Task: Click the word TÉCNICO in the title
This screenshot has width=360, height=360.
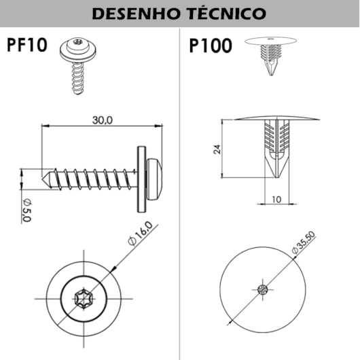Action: pyautogui.click(x=228, y=13)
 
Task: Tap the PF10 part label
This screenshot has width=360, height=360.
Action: pyautogui.click(x=27, y=45)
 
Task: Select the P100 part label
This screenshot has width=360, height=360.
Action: pyautogui.click(x=211, y=46)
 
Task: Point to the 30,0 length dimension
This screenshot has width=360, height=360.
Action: pyautogui.click(x=103, y=120)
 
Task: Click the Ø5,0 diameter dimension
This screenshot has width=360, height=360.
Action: pyautogui.click(x=27, y=211)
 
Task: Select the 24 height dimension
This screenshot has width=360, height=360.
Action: pyautogui.click(x=217, y=149)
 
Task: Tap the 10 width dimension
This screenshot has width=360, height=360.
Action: pyautogui.click(x=276, y=200)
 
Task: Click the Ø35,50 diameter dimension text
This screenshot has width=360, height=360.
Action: pyautogui.click(x=304, y=242)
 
